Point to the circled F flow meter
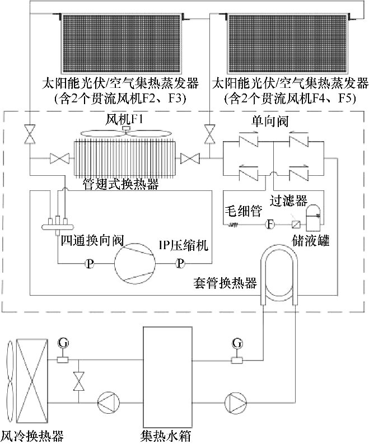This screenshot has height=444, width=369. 269,225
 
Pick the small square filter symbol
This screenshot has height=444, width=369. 295,224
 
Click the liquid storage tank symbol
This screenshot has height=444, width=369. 314,216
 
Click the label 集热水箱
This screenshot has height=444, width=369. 167,434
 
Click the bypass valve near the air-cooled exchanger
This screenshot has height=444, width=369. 79,381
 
